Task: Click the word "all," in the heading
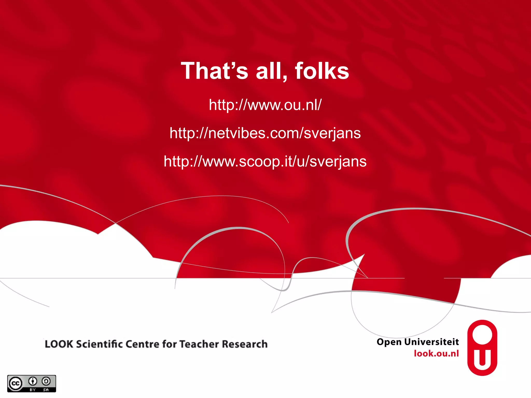tap(271, 71)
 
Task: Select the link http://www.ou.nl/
tap(265, 105)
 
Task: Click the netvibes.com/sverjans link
tap(265, 133)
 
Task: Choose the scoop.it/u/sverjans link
tap(265, 161)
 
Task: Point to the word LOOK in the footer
tap(59, 344)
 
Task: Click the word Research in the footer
tap(245, 344)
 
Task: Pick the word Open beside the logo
tap(389, 342)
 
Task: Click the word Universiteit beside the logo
tap(432, 342)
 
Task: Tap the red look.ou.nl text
tap(436, 353)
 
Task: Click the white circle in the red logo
tap(482, 335)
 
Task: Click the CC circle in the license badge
tap(16, 383)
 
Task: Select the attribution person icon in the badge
tap(33, 381)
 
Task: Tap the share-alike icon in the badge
tap(46, 381)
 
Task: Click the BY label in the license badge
tap(33, 390)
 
